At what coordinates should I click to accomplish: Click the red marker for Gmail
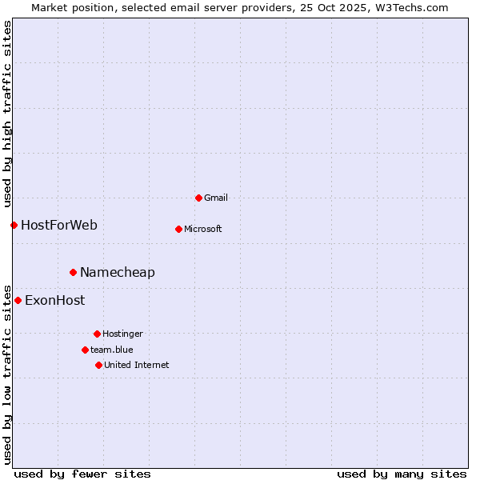point(198,198)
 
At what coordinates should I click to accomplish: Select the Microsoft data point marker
point(178,229)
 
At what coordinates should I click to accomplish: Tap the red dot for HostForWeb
point(14,225)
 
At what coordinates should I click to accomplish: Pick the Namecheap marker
point(73,272)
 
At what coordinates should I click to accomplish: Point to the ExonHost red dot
point(18,300)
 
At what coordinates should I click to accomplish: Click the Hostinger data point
point(97,334)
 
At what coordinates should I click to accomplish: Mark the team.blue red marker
point(85,350)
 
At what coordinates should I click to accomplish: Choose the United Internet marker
point(98,365)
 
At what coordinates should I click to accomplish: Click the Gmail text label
point(216,198)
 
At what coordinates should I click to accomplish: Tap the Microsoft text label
point(202,229)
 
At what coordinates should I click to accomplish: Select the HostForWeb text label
point(59,225)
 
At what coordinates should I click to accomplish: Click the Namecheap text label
point(118,272)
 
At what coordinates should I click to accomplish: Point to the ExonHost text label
point(54,300)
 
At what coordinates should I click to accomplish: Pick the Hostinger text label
point(122,334)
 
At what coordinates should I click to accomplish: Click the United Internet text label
point(136,365)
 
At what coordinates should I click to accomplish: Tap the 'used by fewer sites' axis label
point(82,474)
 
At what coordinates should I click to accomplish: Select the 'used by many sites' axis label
point(402,474)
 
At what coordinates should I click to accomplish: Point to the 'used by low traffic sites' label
point(8,374)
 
